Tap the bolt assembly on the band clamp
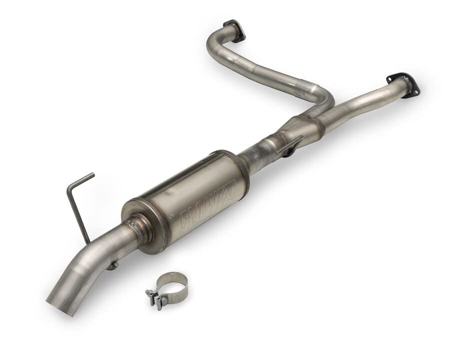pyautogui.click(x=156, y=297)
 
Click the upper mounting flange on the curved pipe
pyautogui.click(x=234, y=29)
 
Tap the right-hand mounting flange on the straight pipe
pyautogui.click(x=402, y=83)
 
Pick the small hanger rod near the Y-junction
pyautogui.click(x=289, y=145)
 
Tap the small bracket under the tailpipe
pyautogui.click(x=112, y=265)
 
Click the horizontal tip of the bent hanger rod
pyautogui.click(x=82, y=178)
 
